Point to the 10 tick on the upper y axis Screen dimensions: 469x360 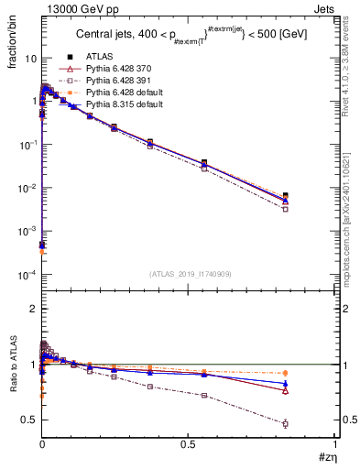point(30,58)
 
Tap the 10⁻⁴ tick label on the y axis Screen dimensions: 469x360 point(28,275)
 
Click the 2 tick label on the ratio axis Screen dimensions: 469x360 point(34,309)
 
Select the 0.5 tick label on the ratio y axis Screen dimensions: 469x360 point(30,420)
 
